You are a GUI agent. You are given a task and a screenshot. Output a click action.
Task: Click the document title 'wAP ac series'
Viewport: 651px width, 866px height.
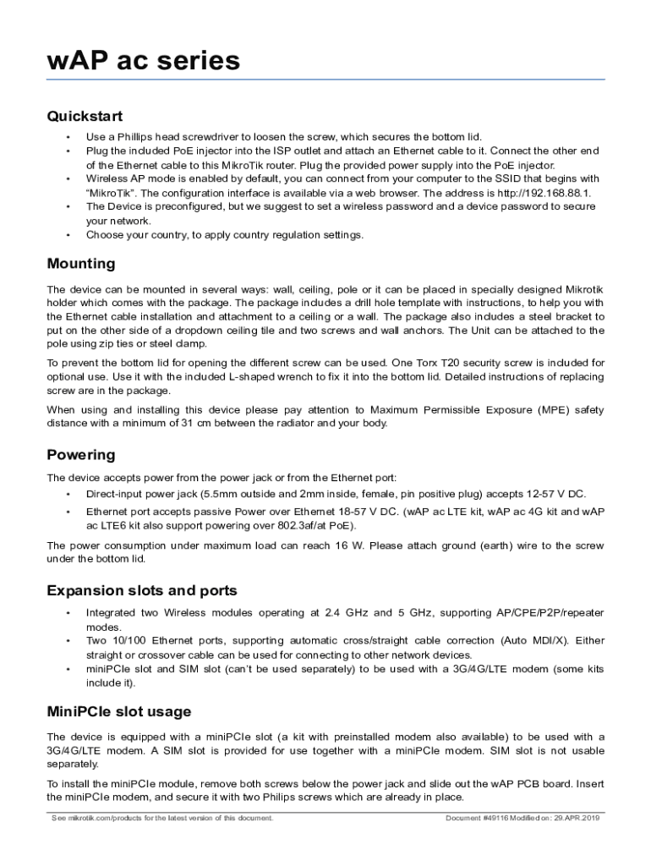(144, 61)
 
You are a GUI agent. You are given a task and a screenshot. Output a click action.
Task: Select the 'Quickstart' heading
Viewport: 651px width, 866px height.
(85, 116)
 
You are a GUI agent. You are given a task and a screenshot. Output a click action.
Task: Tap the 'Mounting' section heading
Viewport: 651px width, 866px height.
(81, 264)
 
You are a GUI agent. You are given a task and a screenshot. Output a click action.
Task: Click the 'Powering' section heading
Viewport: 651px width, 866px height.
(81, 455)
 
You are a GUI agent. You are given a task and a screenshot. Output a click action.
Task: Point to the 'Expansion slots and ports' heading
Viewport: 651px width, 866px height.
(142, 590)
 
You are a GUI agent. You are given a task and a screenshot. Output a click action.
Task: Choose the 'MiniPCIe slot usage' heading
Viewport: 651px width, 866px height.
(119, 711)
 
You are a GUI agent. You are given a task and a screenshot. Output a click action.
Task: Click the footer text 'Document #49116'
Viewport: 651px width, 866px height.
(476, 818)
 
